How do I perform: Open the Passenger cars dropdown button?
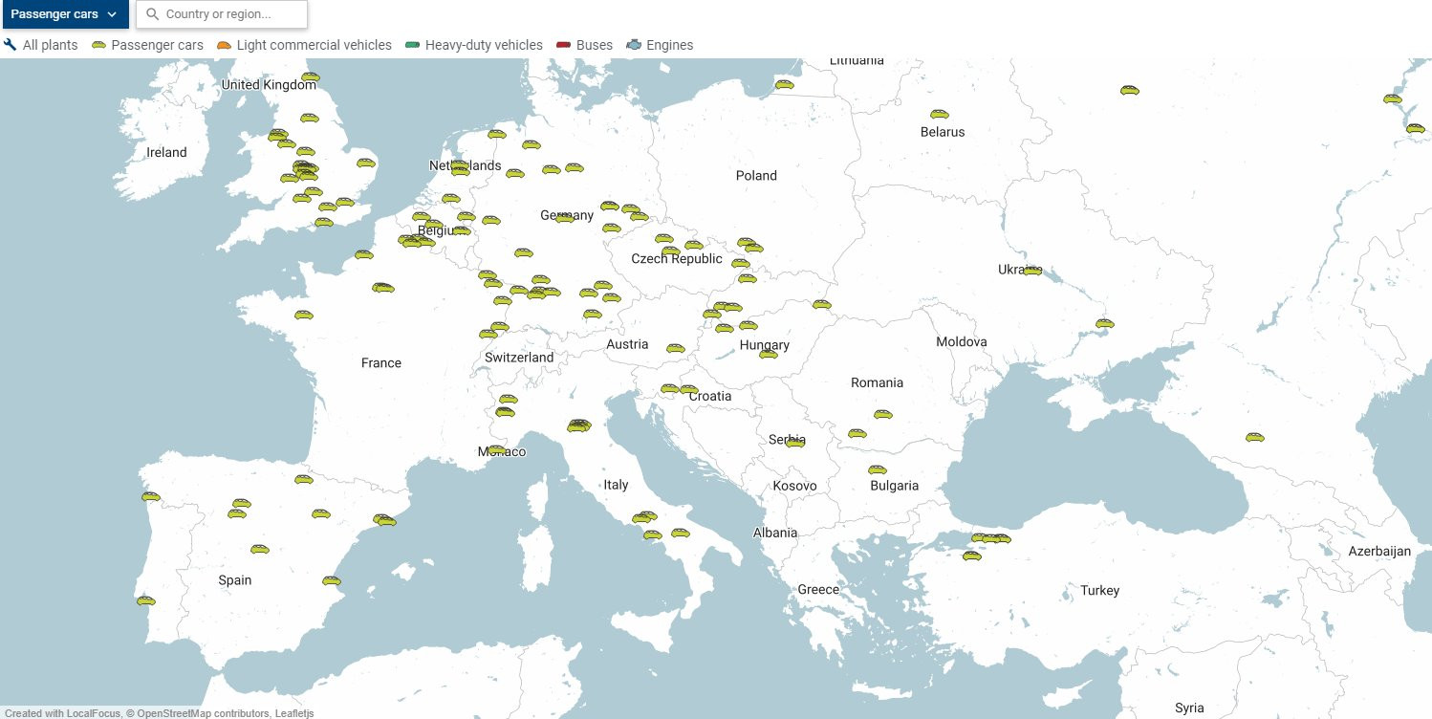pyautogui.click(x=64, y=14)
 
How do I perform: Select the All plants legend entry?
pyautogui.click(x=41, y=45)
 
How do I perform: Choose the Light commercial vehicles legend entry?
pyautogui.click(x=304, y=45)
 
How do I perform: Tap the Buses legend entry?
pyautogui.click(x=584, y=45)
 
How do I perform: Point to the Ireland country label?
pyautogui.click(x=166, y=152)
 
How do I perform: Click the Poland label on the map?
pyautogui.click(x=756, y=175)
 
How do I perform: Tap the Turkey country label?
pyautogui.click(x=1099, y=590)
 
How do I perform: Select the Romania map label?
pyautogui.click(x=877, y=382)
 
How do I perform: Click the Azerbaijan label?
pyautogui.click(x=1379, y=552)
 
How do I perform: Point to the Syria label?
pyautogui.click(x=1189, y=708)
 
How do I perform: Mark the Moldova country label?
pyautogui.click(x=962, y=341)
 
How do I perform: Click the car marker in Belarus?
pyautogui.click(x=939, y=114)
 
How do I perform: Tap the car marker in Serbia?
pyautogui.click(x=795, y=442)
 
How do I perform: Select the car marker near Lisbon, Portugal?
pyautogui.click(x=145, y=600)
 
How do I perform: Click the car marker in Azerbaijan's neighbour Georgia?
pyautogui.click(x=1254, y=437)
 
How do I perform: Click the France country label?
pyautogui.click(x=380, y=362)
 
